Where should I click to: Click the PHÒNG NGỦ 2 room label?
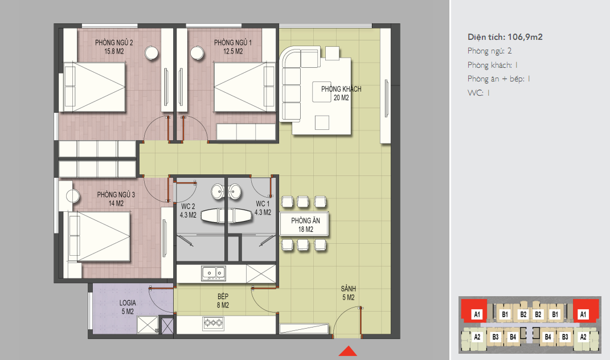tap(114, 47)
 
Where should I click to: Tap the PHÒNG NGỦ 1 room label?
tap(232, 47)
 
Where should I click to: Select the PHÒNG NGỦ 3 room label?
tap(116, 198)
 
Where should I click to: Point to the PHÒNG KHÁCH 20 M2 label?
tap(341, 93)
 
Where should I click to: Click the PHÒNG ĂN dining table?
tap(304, 224)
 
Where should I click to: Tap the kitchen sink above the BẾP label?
tap(213, 273)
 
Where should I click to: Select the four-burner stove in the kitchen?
tap(213, 322)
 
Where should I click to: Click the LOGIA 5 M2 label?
tap(128, 306)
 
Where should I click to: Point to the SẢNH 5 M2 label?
tap(348, 293)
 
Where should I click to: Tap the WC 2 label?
tap(188, 211)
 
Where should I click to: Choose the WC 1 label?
tap(263, 208)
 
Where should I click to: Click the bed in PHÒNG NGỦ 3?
tap(99, 236)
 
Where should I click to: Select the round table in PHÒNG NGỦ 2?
tap(152, 53)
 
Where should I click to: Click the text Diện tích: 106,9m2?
tap(505, 37)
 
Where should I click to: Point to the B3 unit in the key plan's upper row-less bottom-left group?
tap(496, 337)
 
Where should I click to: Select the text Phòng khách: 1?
tap(493, 65)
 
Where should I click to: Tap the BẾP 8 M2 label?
tap(223, 301)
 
